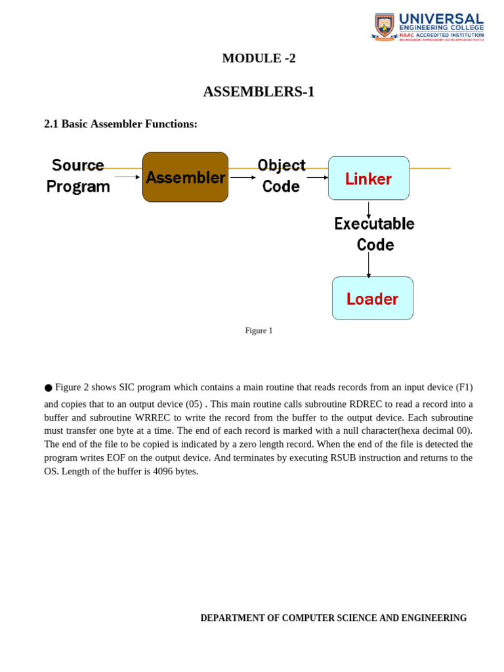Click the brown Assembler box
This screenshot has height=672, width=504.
185,177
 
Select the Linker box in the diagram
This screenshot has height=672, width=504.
368,178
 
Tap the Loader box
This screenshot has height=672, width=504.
372,299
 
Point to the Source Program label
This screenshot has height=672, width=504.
78,175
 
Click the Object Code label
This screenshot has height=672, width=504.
281,175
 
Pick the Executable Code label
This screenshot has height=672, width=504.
375,234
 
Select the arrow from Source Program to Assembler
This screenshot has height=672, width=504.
127,177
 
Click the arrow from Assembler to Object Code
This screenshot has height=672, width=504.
243,177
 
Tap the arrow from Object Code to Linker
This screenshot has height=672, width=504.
317,177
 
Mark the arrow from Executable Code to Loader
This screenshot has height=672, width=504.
368,265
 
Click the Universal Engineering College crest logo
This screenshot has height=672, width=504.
385,26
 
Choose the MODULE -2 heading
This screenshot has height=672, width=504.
259,58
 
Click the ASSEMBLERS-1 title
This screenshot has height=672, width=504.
259,92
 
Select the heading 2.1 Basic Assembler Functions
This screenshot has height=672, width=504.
121,124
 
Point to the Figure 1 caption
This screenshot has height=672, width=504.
259,331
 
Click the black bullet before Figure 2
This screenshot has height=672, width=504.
48,388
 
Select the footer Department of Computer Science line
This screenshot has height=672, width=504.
333,618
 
